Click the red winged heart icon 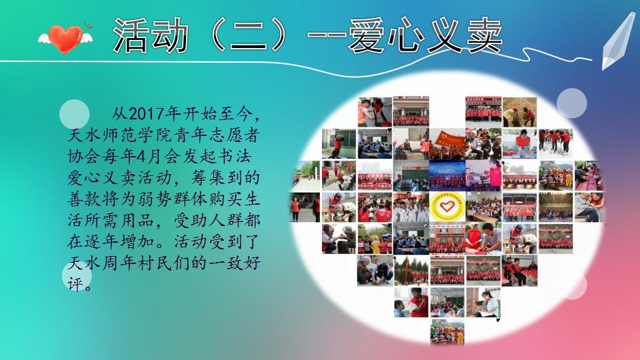tap(65, 39)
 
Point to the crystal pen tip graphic tap(617, 40)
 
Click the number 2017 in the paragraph tap(146, 113)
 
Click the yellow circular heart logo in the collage tap(447, 207)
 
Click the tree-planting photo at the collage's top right tap(519, 112)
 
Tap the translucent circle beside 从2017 tap(74, 114)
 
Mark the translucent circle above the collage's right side tap(572, 103)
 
